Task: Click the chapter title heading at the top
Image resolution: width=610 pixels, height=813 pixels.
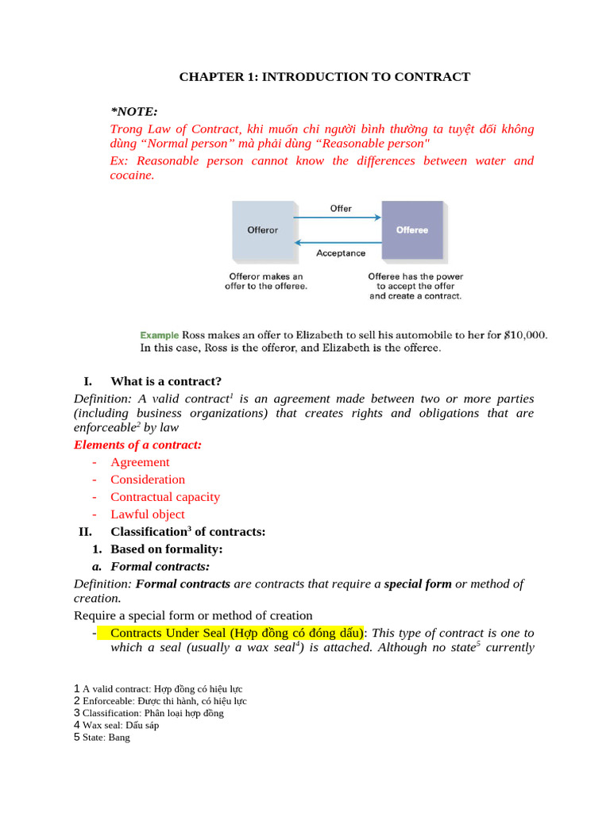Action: (x=324, y=77)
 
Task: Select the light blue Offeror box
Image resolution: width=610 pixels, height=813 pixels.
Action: (x=263, y=230)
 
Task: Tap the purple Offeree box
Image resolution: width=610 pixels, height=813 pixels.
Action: (x=412, y=230)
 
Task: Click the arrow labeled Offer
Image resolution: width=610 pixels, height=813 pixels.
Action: (x=338, y=217)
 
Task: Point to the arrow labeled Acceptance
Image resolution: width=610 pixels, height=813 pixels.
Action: (x=338, y=243)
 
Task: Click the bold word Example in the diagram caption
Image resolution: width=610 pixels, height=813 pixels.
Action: (x=160, y=335)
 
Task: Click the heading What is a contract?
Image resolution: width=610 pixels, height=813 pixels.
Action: (x=166, y=381)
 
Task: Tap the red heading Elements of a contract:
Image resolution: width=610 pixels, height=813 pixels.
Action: (x=137, y=445)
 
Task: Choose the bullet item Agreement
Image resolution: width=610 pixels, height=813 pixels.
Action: (x=140, y=462)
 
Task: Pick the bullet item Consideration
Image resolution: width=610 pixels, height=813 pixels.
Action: (x=148, y=480)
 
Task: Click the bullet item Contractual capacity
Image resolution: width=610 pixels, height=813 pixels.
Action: (x=165, y=497)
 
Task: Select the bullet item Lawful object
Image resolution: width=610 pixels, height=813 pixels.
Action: (x=148, y=514)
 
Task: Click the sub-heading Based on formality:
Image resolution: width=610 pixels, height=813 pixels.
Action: (x=167, y=549)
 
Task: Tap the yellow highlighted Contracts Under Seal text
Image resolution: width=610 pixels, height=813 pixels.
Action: (x=236, y=633)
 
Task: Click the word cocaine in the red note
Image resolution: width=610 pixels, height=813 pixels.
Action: (x=130, y=175)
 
